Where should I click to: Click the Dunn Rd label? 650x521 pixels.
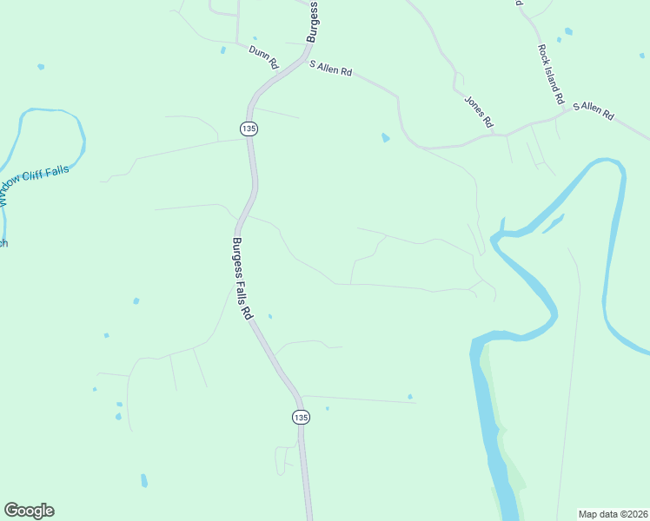click(262, 57)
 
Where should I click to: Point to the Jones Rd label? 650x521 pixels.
click(478, 110)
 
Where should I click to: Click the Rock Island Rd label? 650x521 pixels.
click(551, 74)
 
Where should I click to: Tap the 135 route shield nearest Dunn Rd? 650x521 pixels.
click(249, 129)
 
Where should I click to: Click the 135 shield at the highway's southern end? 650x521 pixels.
click(301, 417)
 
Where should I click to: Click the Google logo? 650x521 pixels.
click(29, 511)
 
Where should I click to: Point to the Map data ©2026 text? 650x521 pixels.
click(614, 513)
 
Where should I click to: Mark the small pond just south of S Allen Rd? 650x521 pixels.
click(385, 137)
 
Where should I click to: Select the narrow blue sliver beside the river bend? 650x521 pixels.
click(553, 224)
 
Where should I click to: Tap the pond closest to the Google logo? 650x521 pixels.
click(143, 480)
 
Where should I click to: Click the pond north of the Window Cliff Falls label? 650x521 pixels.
click(40, 66)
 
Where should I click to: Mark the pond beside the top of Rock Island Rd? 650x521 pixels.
click(568, 31)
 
